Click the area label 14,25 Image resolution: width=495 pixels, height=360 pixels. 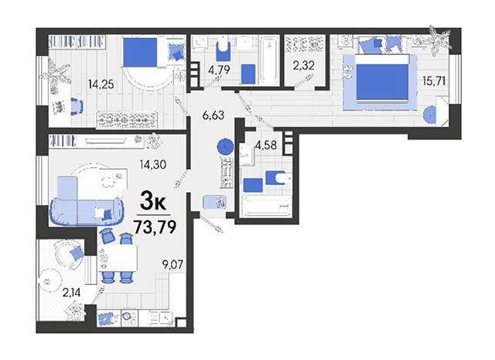(x=101, y=84)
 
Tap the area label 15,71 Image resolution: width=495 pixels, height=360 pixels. (x=434, y=81)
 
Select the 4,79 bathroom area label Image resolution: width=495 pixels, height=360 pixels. (x=219, y=70)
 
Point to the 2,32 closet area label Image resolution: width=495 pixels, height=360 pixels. (x=303, y=66)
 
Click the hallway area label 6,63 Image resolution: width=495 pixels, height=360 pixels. (x=213, y=115)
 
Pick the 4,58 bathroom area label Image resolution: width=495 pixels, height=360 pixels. (x=266, y=145)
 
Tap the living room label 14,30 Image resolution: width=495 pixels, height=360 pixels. (x=153, y=164)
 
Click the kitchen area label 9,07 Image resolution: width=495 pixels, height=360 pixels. (x=172, y=264)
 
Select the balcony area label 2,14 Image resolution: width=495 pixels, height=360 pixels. (x=71, y=293)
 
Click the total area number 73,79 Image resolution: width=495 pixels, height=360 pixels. (x=155, y=227)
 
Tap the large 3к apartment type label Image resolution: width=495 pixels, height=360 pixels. (x=153, y=202)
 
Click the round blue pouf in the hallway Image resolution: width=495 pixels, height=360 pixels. (x=225, y=146)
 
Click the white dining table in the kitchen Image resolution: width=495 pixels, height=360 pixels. (x=118, y=258)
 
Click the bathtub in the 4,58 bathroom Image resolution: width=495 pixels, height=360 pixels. (x=265, y=207)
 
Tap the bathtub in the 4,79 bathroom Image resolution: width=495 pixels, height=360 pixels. (x=269, y=60)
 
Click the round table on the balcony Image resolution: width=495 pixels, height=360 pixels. (x=49, y=281)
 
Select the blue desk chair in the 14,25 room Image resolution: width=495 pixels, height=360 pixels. (x=77, y=105)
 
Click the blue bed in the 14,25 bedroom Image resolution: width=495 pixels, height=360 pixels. (x=140, y=53)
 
